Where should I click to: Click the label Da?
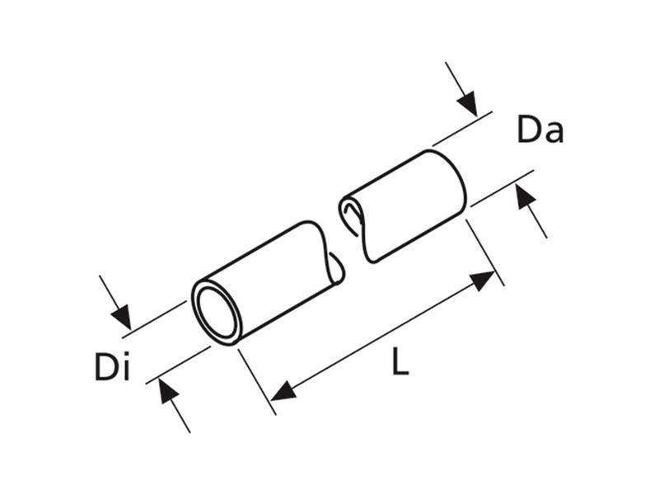point(540,130)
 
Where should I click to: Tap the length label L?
point(400,361)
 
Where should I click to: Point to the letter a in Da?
point(553,133)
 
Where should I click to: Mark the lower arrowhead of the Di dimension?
point(169,391)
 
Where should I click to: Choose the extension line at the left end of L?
point(257,382)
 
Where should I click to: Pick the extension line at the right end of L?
point(485,252)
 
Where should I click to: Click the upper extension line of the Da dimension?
point(462,129)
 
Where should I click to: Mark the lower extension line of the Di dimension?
point(178,365)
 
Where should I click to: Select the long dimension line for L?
point(383,337)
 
